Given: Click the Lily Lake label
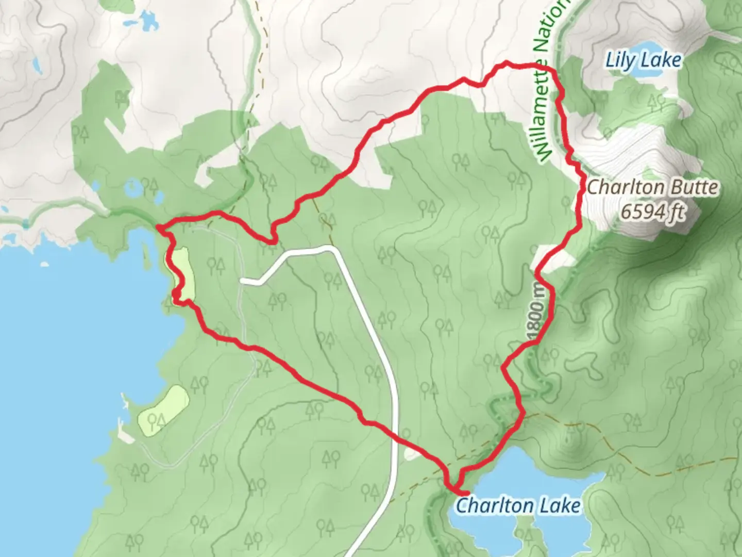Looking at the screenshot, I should click(x=643, y=60).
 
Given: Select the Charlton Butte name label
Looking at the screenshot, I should click(x=652, y=187).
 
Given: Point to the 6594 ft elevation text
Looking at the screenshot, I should click(x=653, y=211).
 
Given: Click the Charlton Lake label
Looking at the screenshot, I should click(x=518, y=505).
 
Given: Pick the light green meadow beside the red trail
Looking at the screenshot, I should click(x=183, y=271).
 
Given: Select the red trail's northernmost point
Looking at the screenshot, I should click(x=508, y=63).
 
